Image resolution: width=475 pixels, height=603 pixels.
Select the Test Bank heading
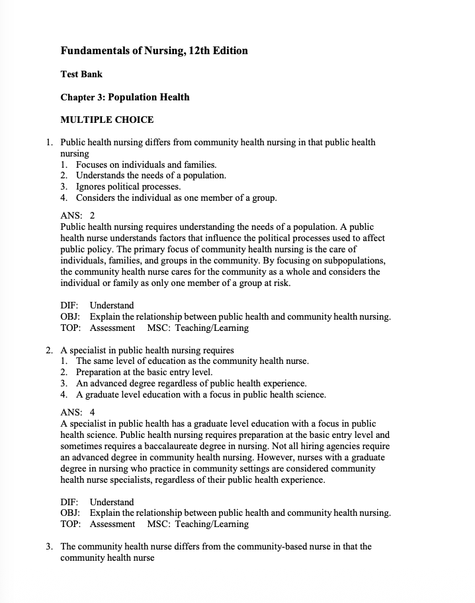coord(81,75)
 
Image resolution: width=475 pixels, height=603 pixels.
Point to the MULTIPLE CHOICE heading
coord(107,120)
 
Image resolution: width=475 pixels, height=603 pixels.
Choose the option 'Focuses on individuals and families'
coord(146,164)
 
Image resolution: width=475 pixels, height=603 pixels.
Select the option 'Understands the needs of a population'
coord(151,175)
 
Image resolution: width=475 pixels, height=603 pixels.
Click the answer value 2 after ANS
coord(93,215)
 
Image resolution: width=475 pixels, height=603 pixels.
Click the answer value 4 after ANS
coord(93,412)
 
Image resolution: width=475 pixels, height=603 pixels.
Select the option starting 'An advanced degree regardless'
coord(191,383)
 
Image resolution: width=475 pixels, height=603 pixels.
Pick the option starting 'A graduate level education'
coord(200,394)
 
